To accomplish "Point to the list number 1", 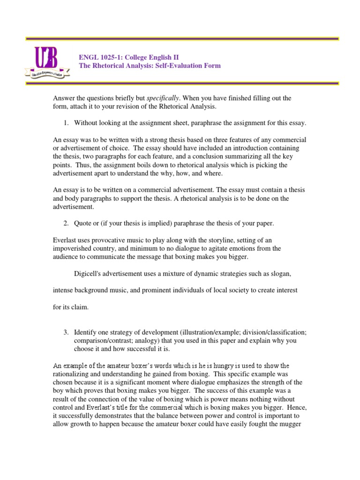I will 66,123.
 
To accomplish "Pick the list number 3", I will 66,332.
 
